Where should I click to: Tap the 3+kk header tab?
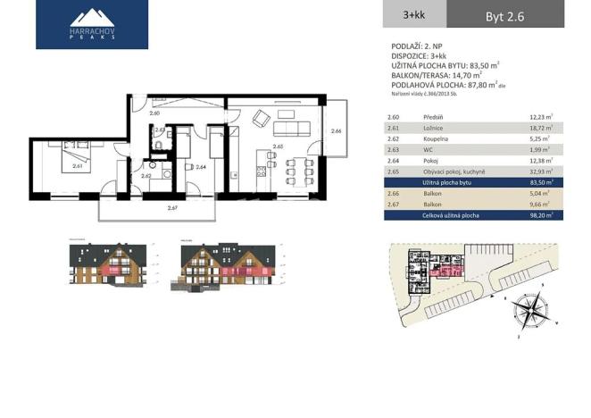[x=413, y=14]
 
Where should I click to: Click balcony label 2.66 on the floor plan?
[x=336, y=131]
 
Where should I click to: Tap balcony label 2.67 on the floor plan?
[x=172, y=209]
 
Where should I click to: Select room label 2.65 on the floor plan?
[x=278, y=145]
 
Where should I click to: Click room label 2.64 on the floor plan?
[x=201, y=167]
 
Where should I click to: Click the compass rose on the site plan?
[x=531, y=313]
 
